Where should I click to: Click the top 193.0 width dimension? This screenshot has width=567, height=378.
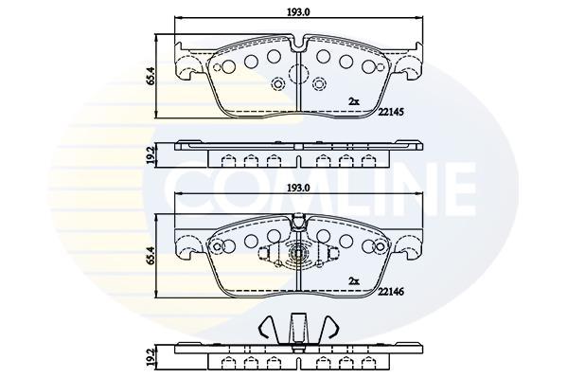[298, 12]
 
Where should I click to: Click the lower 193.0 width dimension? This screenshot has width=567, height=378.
[298, 188]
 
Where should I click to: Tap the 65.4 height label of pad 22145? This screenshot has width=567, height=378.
[151, 75]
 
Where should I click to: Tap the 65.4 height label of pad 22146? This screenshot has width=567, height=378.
[151, 256]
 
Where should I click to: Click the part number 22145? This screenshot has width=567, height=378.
[390, 112]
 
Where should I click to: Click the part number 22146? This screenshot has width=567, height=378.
[390, 291]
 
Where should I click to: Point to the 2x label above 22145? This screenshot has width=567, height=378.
[354, 101]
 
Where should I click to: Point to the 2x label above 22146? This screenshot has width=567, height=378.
[354, 280]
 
